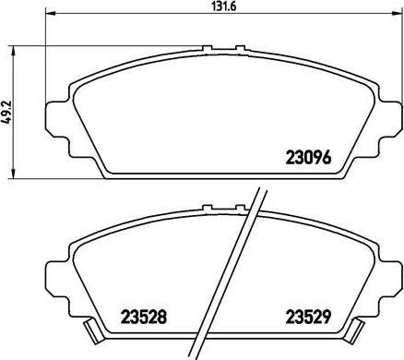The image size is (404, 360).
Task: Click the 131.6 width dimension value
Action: pos(223,6)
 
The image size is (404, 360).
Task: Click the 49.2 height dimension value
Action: pos(6,112)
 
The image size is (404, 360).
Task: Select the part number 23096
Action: pos(308,157)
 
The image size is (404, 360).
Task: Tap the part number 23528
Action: pos(144,317)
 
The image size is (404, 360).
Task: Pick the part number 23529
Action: pos(308,317)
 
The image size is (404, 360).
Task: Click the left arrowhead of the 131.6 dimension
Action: pos(51,13)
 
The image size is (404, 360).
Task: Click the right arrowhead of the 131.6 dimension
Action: pos(398,13)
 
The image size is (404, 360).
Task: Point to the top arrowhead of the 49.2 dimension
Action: pos(13,52)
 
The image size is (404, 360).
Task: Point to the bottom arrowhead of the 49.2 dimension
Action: pos(13,174)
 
